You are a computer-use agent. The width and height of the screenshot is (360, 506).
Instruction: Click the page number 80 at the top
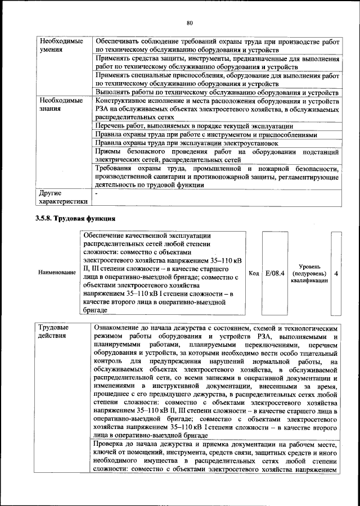190,22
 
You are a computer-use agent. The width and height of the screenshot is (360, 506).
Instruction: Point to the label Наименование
57,273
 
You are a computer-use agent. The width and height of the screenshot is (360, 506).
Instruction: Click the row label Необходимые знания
58,104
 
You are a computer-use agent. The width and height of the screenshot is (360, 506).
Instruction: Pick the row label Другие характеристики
62,197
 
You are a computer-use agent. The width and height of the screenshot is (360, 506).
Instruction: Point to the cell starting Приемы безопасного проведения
216,156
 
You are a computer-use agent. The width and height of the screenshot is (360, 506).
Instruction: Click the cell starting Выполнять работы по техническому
216,92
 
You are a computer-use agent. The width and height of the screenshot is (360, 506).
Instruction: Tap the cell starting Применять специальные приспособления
216,79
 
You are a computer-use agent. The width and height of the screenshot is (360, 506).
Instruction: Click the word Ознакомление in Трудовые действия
119,327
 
